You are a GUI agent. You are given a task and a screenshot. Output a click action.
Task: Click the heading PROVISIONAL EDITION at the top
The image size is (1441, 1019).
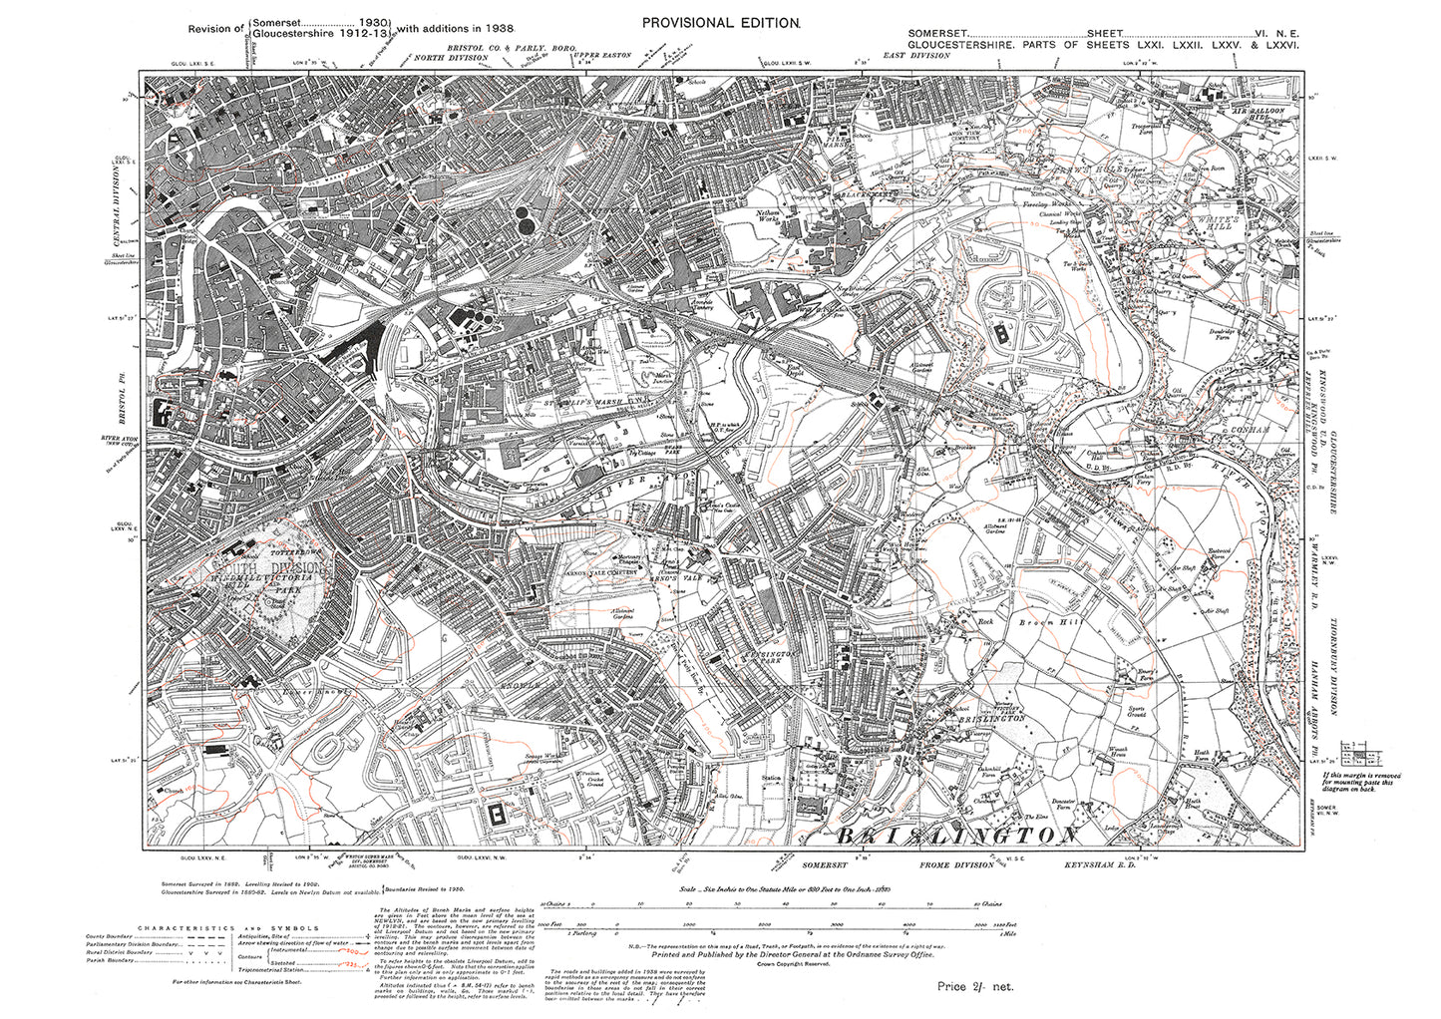720,22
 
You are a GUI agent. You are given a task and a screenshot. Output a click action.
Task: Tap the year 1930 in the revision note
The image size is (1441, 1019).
375,21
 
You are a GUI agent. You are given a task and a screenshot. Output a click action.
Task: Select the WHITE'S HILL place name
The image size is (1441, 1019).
1211,222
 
